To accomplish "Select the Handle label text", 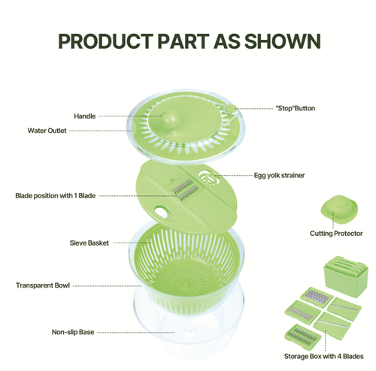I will coord(84,116).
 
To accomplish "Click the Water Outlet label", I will coord(47,131).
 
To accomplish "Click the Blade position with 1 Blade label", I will coord(56,195).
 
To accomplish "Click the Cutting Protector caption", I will coord(337,234).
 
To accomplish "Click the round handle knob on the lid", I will coord(172,119).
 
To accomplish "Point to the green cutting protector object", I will coord(336,207).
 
